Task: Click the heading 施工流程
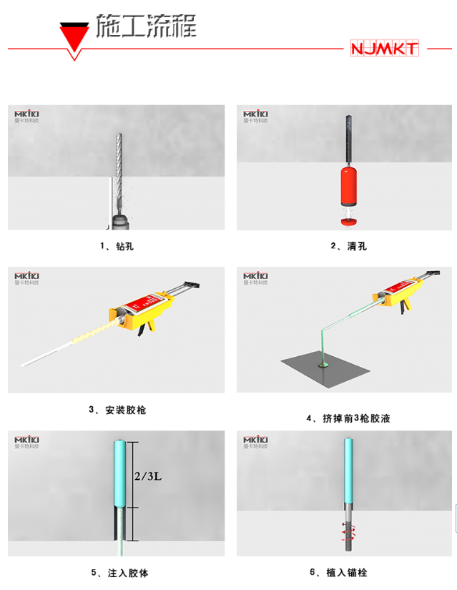click(146, 26)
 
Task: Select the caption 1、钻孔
click(117, 247)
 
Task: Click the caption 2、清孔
click(348, 247)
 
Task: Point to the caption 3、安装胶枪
click(117, 410)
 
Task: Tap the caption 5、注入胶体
click(119, 573)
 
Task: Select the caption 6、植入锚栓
click(348, 573)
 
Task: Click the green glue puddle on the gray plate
click(324, 365)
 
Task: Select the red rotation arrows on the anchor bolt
click(348, 530)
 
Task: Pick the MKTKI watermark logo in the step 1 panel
click(28, 114)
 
